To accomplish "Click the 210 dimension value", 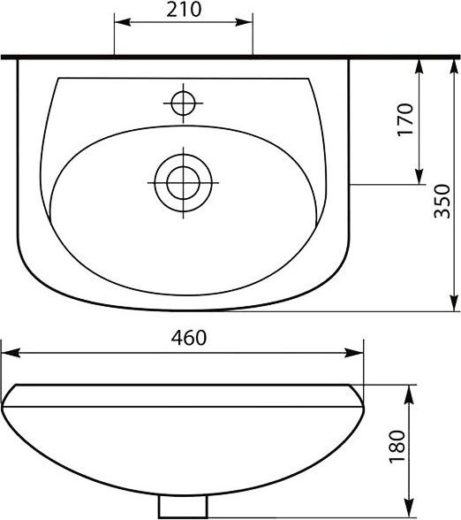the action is coord(184,10).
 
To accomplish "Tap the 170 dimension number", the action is coord(405,119).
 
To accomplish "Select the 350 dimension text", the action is coord(442,202).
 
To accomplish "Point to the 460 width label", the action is coord(189,338).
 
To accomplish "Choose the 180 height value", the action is coord(397,447).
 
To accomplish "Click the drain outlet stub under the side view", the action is coord(183,506).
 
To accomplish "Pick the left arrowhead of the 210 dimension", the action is coord(122,22).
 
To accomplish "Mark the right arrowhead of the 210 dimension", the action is coord(245,22).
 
